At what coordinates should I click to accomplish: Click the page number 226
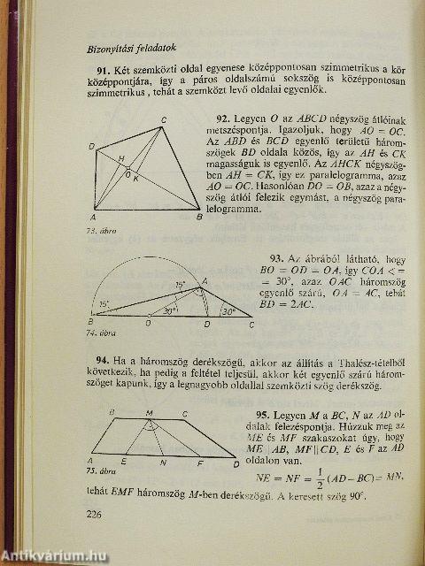(96, 515)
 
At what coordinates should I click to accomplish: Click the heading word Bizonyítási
(109, 48)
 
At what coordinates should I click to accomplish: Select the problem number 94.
(104, 360)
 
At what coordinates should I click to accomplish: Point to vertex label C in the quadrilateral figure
(165, 121)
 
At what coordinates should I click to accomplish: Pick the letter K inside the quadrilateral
(136, 178)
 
